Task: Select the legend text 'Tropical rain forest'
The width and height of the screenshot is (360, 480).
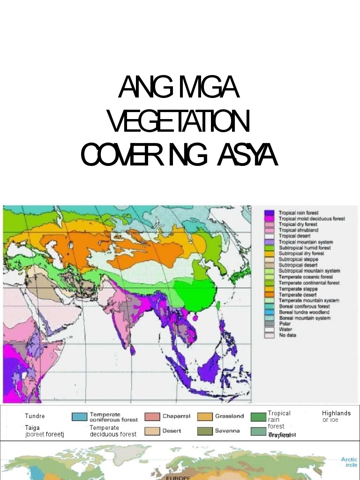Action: pos(299,213)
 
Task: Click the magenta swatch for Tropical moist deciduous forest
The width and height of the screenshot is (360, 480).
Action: pos(269,219)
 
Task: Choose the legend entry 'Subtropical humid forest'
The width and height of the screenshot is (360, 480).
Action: pos(305,247)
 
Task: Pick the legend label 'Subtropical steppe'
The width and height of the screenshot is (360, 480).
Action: pos(298,259)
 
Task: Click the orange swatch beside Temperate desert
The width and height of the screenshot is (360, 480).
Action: pos(269,294)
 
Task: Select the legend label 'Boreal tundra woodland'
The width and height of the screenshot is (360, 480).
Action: pos(304,312)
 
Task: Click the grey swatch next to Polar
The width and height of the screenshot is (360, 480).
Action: pos(269,323)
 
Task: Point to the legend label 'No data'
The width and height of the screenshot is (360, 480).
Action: pos(287,335)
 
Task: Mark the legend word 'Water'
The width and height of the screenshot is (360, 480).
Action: pos(285,330)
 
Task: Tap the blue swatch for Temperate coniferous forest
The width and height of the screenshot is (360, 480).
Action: pos(80,417)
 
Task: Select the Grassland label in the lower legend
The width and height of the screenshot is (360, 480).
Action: pos(229,416)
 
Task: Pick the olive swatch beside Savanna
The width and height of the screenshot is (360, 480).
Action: pos(205,431)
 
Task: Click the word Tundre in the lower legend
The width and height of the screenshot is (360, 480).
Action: pos(35,416)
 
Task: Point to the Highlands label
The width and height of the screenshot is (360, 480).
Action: pos(336,413)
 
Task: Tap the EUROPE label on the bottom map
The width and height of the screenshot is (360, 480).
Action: pos(179,478)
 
